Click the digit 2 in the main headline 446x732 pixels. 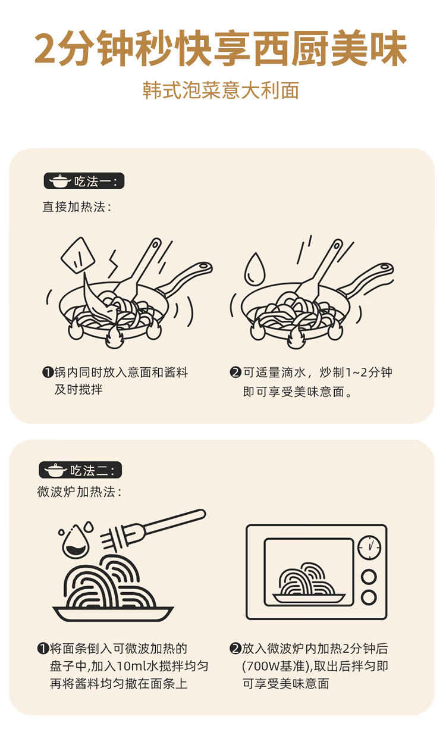(46, 48)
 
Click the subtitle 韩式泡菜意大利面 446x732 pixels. (221, 90)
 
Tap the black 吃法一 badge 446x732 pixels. (84, 181)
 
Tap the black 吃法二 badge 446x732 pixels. (80, 470)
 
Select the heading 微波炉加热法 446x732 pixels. (79, 492)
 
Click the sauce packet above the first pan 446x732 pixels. (78, 255)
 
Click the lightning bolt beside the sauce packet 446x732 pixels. (113, 265)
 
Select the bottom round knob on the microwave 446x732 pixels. (369, 597)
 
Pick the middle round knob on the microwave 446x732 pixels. (369, 577)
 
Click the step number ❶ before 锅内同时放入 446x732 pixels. (48, 372)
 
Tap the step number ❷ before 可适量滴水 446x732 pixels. (235, 372)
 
